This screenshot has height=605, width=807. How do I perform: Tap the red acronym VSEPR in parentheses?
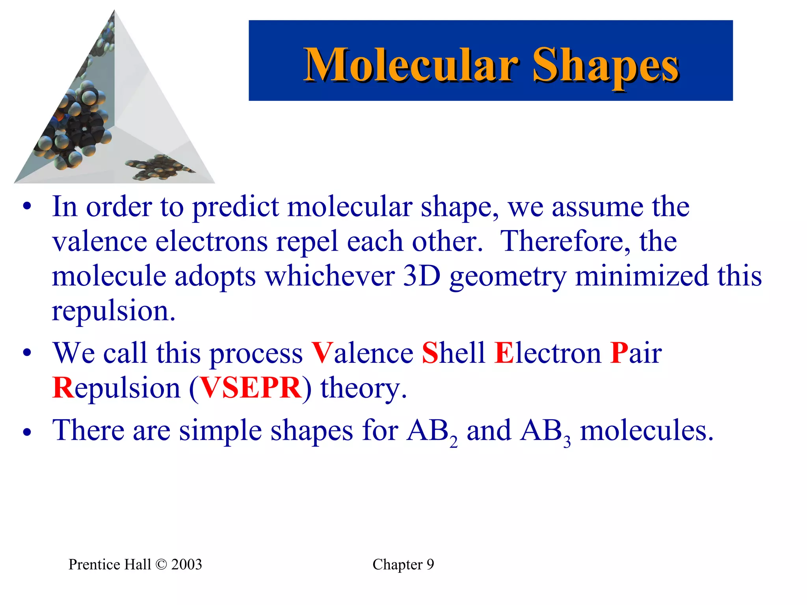point(251,388)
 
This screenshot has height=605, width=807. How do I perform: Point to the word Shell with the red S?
point(453,353)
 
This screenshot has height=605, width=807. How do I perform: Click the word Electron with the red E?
point(548,353)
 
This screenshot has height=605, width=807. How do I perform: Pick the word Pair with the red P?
point(636,353)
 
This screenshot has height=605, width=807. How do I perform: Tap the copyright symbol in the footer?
point(161,564)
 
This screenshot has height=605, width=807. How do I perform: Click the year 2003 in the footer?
point(186,564)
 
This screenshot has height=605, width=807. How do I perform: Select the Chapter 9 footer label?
point(403,564)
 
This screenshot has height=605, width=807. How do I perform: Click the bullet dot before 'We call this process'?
point(27,353)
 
